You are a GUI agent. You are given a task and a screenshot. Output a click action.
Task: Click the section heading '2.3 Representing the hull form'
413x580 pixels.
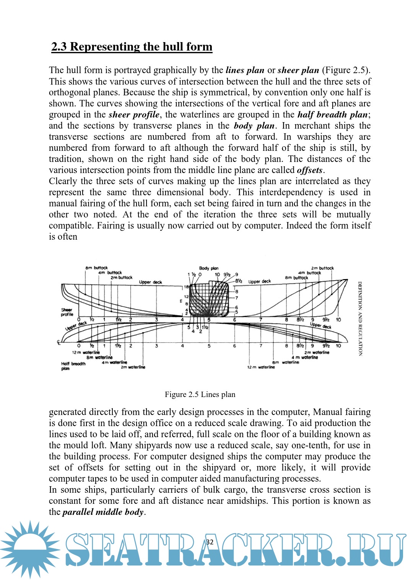[x=132, y=47]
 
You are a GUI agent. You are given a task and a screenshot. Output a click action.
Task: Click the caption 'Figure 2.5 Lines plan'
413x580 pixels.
[x=200, y=394]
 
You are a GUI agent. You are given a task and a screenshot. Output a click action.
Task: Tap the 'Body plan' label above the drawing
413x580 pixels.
[x=209, y=268]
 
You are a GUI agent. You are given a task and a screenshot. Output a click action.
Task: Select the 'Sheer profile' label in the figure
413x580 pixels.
[x=67, y=312]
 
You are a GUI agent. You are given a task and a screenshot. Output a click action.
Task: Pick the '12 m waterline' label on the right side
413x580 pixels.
[x=261, y=367]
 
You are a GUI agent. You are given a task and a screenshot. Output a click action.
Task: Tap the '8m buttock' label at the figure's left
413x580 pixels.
[x=96, y=268]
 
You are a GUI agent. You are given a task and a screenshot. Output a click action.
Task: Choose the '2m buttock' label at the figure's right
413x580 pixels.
[x=322, y=268]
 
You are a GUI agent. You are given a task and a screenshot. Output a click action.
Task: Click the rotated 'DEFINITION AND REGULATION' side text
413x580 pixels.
[x=360, y=319]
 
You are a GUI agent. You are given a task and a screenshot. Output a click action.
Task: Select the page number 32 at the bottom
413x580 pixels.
[x=210, y=542]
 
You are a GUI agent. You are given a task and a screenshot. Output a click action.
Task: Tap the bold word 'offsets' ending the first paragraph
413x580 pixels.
[x=310, y=170]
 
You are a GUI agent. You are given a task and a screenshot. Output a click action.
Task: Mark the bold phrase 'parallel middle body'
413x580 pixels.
[x=103, y=512]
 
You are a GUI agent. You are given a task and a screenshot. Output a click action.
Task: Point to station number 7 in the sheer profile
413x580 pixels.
[x=261, y=320]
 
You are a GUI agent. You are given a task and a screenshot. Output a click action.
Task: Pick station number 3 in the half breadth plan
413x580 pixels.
[x=156, y=346]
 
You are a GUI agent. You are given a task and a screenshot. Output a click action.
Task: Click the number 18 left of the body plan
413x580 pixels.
[x=186, y=287]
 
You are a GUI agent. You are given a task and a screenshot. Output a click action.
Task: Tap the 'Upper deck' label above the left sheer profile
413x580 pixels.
[x=150, y=282]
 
